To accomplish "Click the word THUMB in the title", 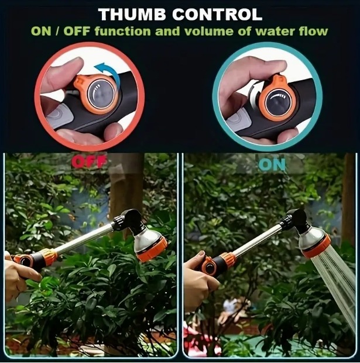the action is point(133,15).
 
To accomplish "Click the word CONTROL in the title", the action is point(217,15).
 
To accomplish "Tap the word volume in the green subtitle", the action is point(205,31).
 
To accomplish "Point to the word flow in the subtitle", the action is point(313,31).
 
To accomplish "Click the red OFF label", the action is point(89,161).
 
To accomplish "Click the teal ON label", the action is point(272,165).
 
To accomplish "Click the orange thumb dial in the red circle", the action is point(98,94).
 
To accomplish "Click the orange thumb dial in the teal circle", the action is point(276,100).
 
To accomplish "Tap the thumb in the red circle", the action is point(63,72).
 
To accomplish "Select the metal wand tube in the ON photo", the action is point(258,238).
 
